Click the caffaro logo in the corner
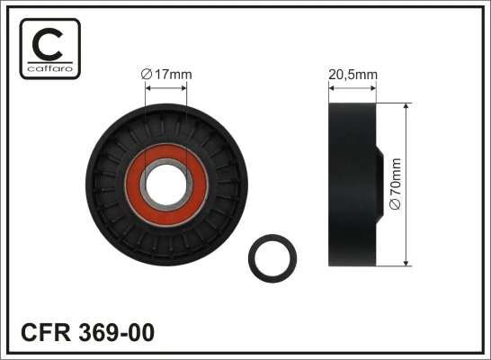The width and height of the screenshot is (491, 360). [49, 48]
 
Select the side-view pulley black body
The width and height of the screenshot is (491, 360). [351, 184]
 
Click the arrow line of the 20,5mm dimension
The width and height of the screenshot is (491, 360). [352, 87]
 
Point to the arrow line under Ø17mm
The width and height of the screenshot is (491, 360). [166, 87]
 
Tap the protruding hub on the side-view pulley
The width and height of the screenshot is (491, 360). [385, 184]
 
